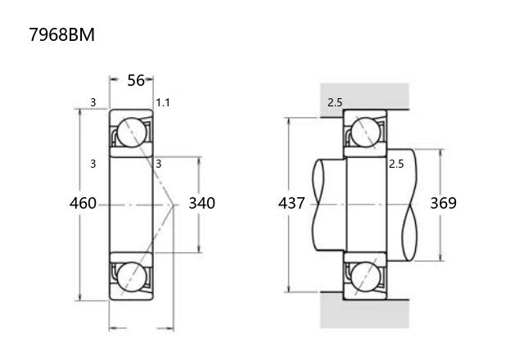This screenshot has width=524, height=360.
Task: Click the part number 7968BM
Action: tap(62, 34)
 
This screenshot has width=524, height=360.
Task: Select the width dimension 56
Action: tap(136, 80)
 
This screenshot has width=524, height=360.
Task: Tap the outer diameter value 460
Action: tap(83, 203)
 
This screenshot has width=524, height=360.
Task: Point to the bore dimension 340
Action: tap(202, 203)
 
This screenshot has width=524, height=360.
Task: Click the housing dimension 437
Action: tap(291, 203)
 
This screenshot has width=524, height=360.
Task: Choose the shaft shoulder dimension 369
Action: tap(443, 203)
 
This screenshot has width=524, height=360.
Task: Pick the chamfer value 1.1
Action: tap(163, 102)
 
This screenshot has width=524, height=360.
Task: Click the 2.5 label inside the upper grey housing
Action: tap(335, 102)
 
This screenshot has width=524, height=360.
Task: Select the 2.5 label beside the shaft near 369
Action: tap(396, 164)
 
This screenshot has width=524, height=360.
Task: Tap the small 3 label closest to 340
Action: tap(159, 164)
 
